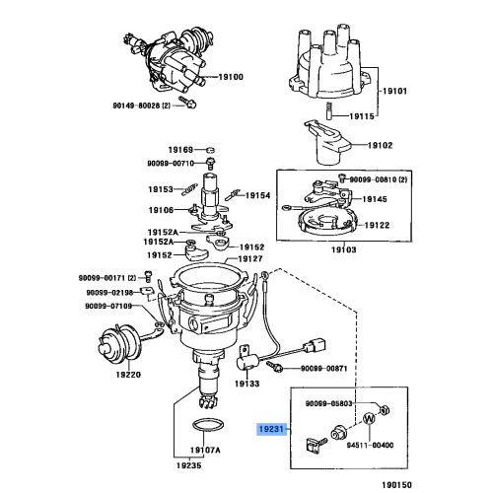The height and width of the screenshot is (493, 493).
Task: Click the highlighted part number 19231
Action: tap(271, 429)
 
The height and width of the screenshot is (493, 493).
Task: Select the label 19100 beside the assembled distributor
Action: tap(231, 77)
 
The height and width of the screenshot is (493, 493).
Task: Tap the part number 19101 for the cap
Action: tap(394, 91)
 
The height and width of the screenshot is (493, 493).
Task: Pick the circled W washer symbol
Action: tap(369, 419)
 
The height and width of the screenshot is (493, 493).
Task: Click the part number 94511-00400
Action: tap(370, 445)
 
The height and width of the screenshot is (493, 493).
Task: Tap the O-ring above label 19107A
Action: tap(208, 426)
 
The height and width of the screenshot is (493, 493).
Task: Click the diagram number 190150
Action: tap(396, 485)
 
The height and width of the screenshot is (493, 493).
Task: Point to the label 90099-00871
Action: tap(324, 369)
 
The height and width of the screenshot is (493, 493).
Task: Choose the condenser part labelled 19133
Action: tap(247, 361)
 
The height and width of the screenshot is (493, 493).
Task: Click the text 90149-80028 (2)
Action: tap(142, 106)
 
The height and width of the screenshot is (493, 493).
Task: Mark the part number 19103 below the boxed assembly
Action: tap(343, 249)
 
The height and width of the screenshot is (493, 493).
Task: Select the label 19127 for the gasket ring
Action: tap(250, 259)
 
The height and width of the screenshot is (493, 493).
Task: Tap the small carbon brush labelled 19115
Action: tap(329, 111)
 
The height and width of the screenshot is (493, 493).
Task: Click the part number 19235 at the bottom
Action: tap(189, 465)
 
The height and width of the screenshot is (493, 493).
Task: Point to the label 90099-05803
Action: tap(329, 403)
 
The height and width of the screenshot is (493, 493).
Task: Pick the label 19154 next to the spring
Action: tap(257, 195)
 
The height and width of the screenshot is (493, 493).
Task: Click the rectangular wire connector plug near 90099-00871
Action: tap(316, 346)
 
